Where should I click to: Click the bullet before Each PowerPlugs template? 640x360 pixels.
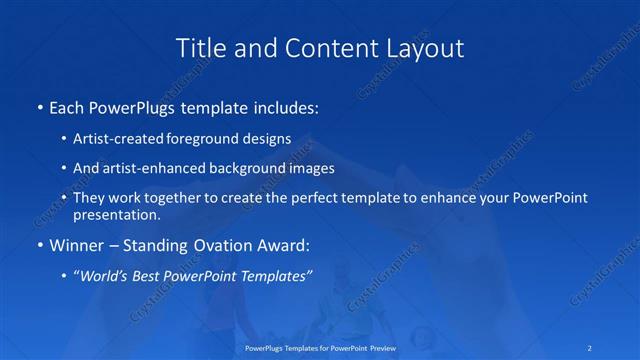[x=38, y=106]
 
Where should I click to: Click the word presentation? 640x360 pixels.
[x=117, y=214]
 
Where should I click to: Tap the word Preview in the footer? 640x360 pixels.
[x=377, y=349]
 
